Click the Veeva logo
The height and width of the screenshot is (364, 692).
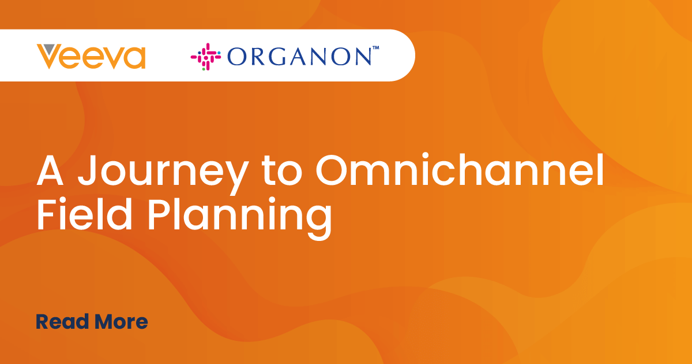[x=91, y=57]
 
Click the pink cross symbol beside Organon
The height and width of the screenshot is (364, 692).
[x=206, y=57]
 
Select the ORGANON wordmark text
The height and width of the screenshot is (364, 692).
[x=299, y=57]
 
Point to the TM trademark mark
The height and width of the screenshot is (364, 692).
[x=375, y=47]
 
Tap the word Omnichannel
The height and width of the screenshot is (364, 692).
[x=460, y=169]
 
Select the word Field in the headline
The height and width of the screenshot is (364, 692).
[x=85, y=214]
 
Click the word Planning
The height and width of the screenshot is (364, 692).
[x=240, y=218]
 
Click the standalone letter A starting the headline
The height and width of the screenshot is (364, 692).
[x=50, y=170]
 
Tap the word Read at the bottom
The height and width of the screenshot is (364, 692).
[x=62, y=322]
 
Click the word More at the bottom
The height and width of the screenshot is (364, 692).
[x=122, y=322]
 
